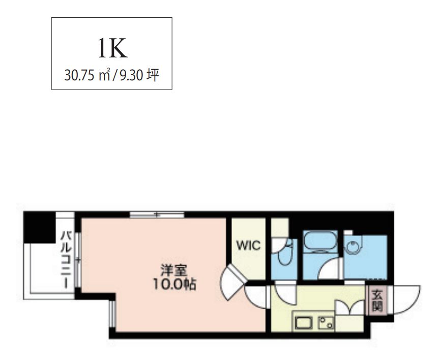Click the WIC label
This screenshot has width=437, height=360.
coord(248,246)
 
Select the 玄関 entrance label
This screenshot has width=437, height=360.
coord(376,300)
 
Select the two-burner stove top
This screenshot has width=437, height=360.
coord(325,322)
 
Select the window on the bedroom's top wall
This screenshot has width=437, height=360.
coord(157,214)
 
